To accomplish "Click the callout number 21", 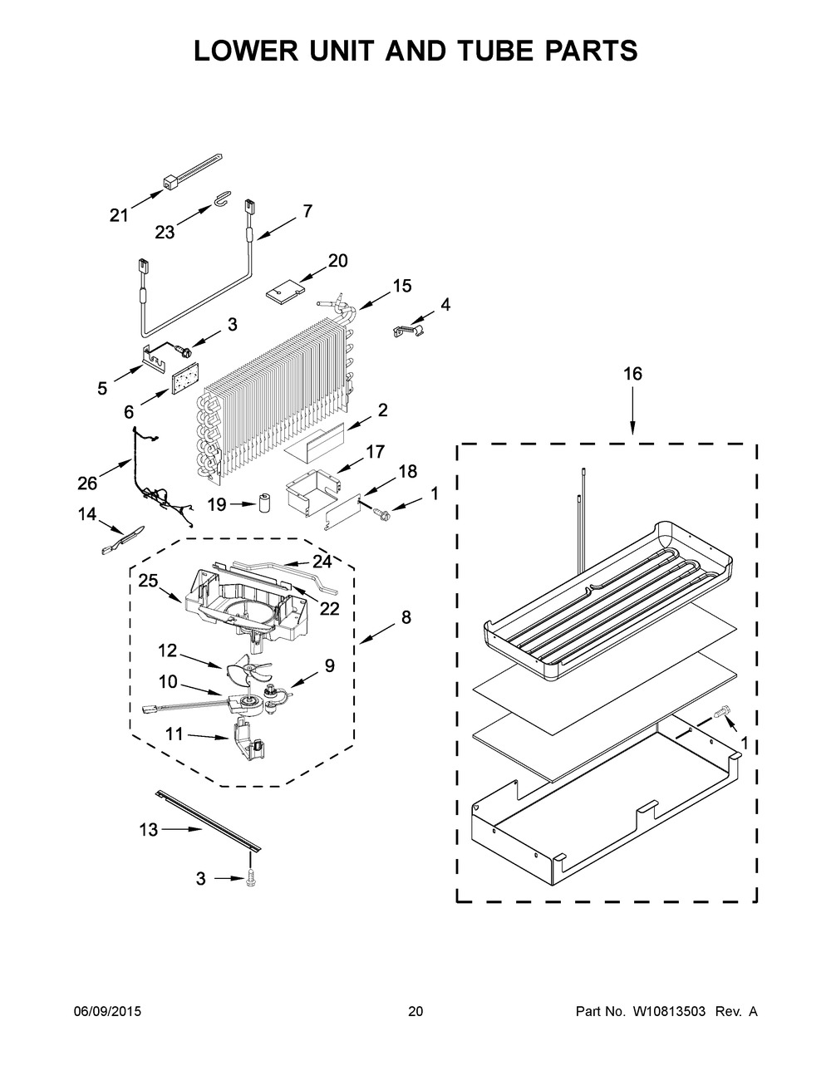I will [x=119, y=216].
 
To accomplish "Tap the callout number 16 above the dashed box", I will [x=632, y=374].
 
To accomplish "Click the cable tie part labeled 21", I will [x=193, y=167].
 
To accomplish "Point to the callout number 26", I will [x=87, y=483].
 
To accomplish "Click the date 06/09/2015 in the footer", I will [x=107, y=1012].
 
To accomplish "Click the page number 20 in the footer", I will [x=415, y=1012].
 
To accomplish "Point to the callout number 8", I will [x=405, y=617].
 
